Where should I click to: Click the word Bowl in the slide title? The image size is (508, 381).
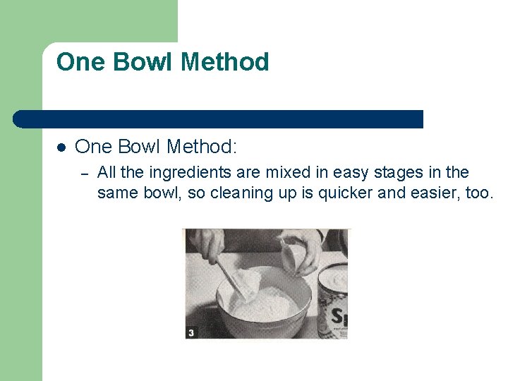[139, 62]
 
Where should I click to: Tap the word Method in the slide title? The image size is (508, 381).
[225, 62]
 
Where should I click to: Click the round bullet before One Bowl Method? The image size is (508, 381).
[61, 147]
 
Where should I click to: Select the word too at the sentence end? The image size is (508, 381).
[478, 193]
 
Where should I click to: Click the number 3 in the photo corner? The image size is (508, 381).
[191, 331]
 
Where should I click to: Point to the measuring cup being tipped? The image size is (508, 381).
[300, 258]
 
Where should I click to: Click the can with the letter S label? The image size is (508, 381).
[334, 303]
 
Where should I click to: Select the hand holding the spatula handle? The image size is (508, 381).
[207, 243]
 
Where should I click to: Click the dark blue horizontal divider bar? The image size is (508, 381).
[219, 119]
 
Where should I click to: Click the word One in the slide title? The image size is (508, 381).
[80, 62]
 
